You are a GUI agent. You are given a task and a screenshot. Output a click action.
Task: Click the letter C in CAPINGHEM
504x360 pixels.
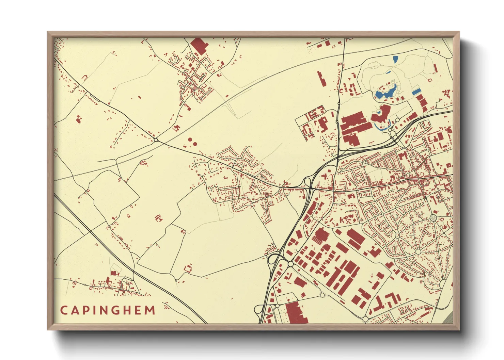pos(63,310)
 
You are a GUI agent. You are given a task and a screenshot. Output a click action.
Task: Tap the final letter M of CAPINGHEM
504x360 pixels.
pos(150,310)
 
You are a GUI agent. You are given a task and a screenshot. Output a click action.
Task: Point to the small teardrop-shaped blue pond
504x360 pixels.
pos(395,60)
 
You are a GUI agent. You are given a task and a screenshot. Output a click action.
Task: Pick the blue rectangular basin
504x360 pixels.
pos(416,92)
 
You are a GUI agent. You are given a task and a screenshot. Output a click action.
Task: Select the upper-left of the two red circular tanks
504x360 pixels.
pos(190,139)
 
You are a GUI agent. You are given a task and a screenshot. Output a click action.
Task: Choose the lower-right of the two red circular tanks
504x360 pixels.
pos(195,144)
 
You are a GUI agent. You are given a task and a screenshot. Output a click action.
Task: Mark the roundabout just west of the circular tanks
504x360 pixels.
pos(156,140)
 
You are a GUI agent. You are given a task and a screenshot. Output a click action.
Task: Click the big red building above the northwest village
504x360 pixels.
pos(199,46)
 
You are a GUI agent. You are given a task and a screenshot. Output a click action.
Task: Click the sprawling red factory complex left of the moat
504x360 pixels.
pos(354,128)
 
